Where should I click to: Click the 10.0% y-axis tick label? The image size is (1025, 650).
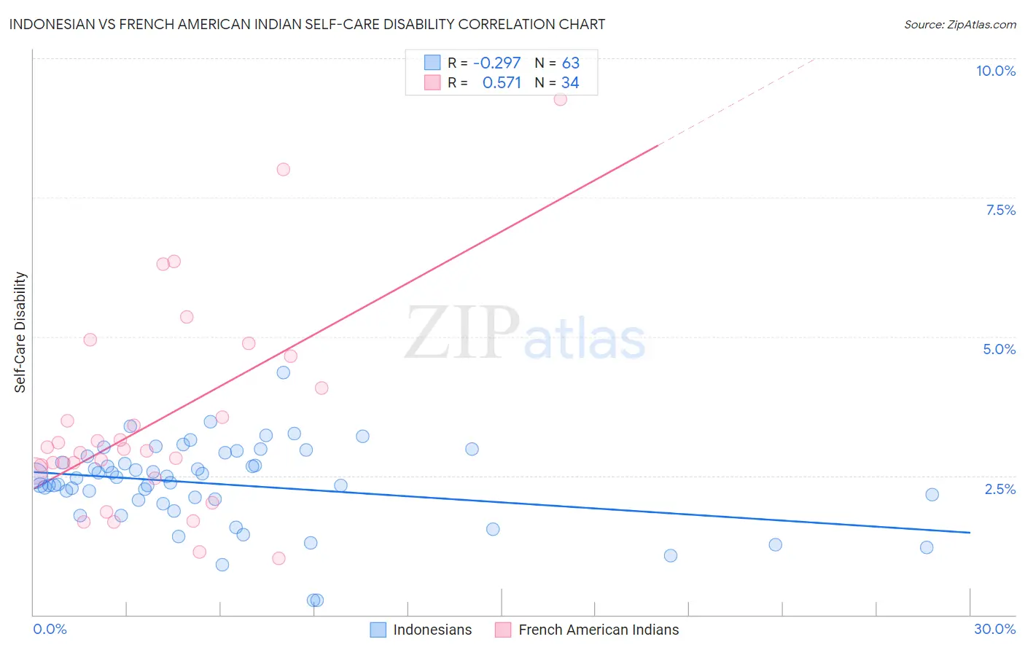(995, 71)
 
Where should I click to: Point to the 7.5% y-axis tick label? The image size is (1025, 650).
(1000, 210)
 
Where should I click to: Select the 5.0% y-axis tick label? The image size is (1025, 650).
(999, 349)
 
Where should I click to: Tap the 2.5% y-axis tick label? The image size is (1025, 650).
(999, 489)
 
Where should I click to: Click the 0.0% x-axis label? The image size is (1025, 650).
(50, 629)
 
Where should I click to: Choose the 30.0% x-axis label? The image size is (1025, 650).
(994, 629)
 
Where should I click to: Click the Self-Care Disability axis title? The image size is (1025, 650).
(20, 332)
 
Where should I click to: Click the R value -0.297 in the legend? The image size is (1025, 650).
(496, 63)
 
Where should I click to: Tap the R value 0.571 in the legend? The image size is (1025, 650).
(502, 83)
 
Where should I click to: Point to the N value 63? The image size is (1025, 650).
(570, 63)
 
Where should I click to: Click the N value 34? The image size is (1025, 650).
(570, 83)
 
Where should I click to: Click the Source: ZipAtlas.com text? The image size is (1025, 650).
(959, 24)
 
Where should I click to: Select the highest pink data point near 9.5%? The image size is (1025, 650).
(560, 99)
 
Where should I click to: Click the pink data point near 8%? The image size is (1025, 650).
(283, 169)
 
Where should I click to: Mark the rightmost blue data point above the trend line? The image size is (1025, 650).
(932, 495)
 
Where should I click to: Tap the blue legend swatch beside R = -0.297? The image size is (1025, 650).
(432, 63)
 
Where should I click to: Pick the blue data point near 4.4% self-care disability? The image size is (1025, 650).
(284, 372)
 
